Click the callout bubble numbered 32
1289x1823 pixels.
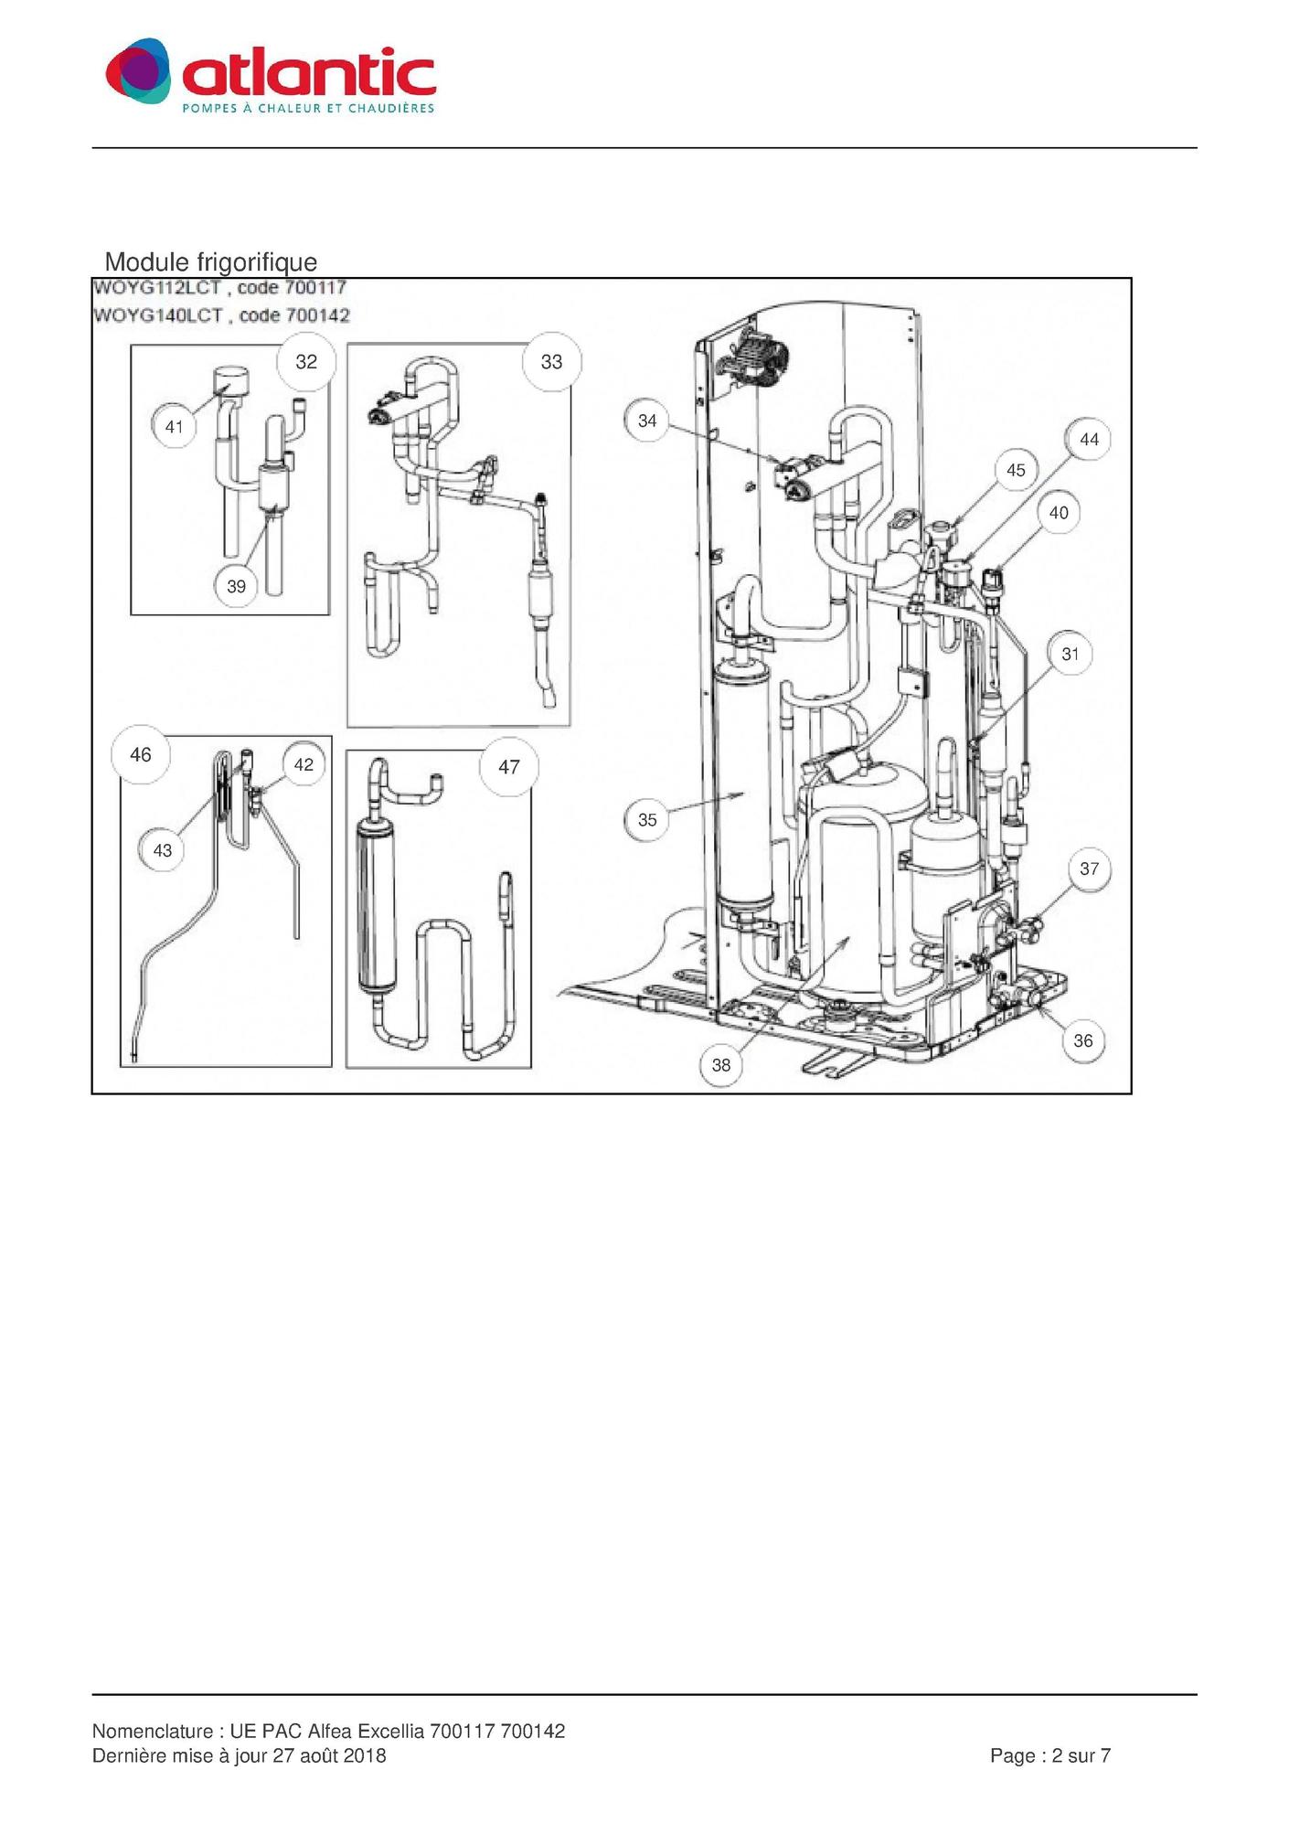click(x=306, y=362)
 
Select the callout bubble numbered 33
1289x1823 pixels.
click(x=551, y=362)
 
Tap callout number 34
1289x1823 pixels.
click(x=647, y=421)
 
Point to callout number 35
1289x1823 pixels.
click(x=647, y=819)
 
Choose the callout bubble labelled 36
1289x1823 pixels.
click(x=1083, y=1040)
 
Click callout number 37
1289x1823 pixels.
click(x=1089, y=869)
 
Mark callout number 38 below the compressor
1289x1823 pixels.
click(x=721, y=1064)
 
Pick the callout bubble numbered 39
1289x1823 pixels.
click(x=237, y=586)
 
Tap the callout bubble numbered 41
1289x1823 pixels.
click(x=174, y=426)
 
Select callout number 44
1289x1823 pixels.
click(x=1089, y=440)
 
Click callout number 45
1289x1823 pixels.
click(x=1016, y=470)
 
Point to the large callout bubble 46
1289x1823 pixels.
click(x=140, y=754)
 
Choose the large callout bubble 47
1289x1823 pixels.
click(x=509, y=767)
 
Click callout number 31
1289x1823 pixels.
click(x=1071, y=654)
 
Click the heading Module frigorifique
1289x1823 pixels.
click(x=211, y=262)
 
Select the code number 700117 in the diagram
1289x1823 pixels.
click(x=316, y=287)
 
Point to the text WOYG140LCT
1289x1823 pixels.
click(x=158, y=315)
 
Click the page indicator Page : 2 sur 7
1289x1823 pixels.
click(x=1050, y=1755)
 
